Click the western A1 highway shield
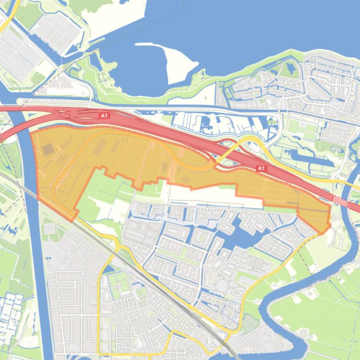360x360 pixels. point(104,115)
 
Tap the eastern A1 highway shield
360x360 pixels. point(261,168)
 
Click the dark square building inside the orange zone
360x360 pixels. point(48,150)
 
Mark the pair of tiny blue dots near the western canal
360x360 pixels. point(48,258)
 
